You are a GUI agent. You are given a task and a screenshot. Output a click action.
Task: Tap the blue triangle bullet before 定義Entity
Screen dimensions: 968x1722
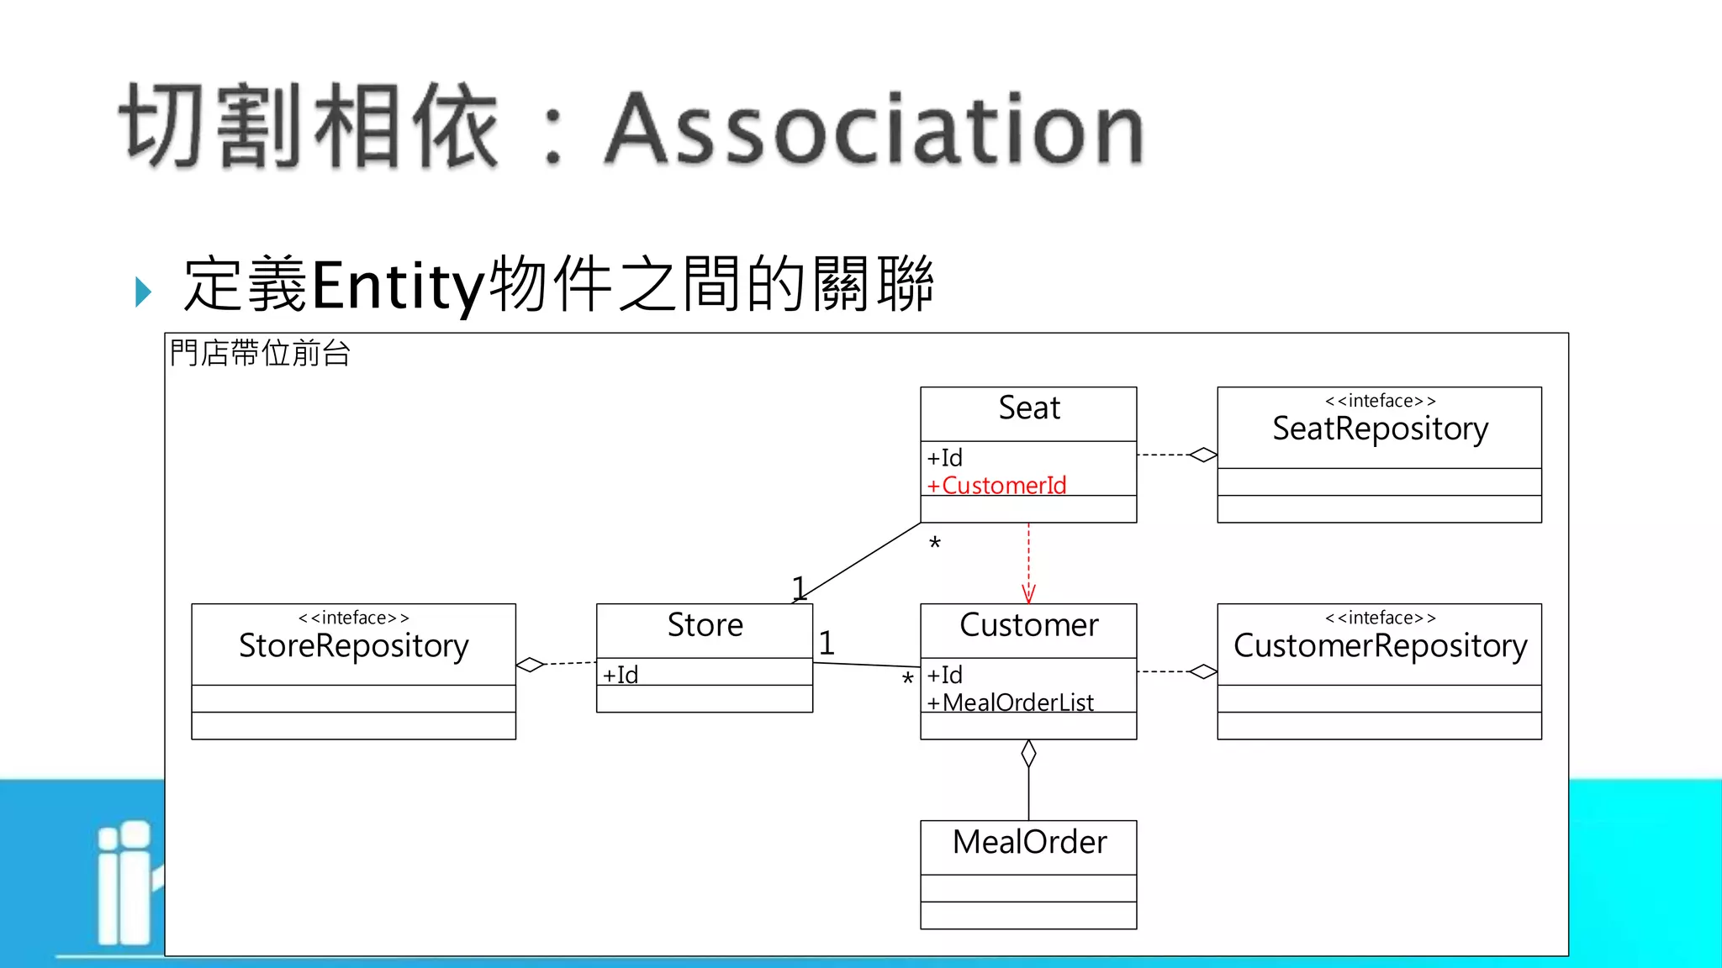(143, 292)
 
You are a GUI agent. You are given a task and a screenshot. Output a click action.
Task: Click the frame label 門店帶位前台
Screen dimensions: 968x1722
(259, 353)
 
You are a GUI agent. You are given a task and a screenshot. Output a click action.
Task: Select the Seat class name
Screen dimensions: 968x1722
(1028, 408)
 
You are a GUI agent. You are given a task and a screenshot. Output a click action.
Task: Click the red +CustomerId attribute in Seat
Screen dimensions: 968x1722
(996, 485)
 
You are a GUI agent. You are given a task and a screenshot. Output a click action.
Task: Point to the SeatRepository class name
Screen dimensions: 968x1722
(1380, 429)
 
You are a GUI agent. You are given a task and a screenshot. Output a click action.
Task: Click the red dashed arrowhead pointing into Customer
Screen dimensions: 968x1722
(1028, 594)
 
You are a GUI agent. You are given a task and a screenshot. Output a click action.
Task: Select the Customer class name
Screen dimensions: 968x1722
(1028, 625)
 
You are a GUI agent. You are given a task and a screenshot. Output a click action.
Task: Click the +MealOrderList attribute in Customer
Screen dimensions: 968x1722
(1010, 702)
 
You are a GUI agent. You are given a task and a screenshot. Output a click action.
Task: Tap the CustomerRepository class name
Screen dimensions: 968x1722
(1380, 645)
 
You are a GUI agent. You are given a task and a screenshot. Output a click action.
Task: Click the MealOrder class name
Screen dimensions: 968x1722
(1028, 842)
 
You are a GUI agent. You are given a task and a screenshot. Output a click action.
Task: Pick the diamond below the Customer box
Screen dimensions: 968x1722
(1028, 754)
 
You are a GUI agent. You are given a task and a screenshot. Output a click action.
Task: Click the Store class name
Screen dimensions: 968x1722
(705, 625)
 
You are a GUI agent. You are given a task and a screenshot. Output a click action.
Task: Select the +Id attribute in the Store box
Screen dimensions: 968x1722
(621, 674)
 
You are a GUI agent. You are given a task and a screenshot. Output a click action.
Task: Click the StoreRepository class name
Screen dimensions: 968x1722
(353, 645)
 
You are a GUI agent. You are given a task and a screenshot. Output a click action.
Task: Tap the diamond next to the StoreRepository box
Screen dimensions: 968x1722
(531, 665)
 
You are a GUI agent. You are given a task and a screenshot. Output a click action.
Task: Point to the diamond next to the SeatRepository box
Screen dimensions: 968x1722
(1203, 455)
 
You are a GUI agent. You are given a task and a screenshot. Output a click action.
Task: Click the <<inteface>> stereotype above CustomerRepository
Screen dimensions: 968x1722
(1380, 618)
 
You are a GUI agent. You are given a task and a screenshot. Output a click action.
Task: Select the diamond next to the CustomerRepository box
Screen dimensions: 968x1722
(1203, 671)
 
